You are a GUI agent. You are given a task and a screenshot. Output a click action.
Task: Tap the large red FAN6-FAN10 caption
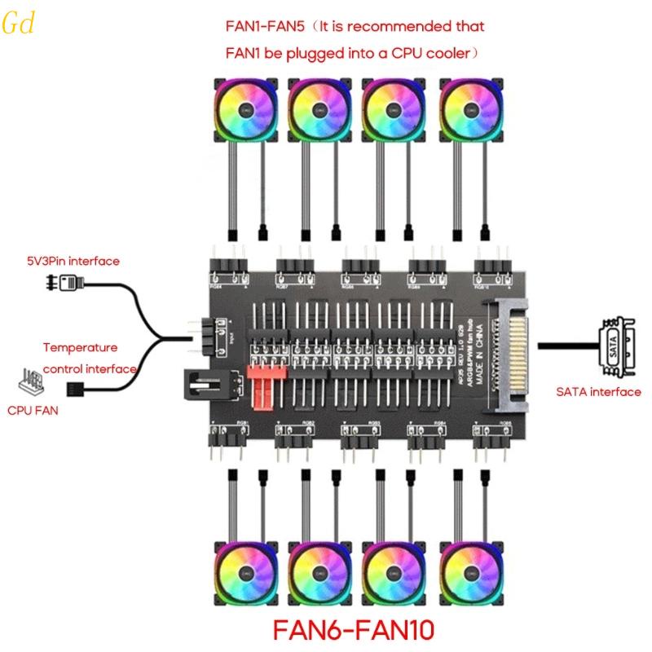tap(353, 629)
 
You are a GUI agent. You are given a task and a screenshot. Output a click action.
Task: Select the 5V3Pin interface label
tap(71, 261)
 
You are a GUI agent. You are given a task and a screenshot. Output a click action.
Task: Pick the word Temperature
tap(80, 347)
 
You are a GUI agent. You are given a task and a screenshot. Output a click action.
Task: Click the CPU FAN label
tap(33, 411)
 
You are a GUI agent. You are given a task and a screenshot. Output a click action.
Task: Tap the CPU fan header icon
tap(30, 381)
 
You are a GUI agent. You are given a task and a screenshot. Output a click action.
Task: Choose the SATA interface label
tap(599, 392)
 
